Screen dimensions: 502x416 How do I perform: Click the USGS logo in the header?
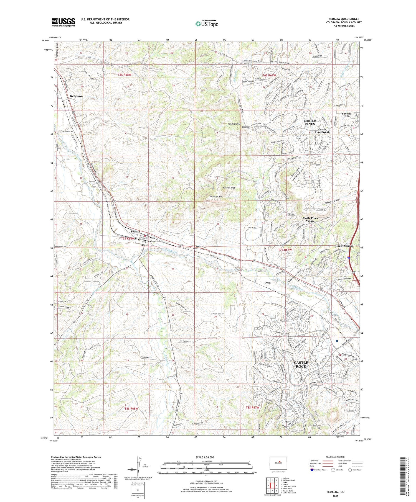[x=63, y=22]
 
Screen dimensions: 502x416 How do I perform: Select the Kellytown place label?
[x=76, y=96]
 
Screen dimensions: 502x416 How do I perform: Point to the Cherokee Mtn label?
[x=215, y=196]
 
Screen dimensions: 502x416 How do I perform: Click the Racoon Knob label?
[x=229, y=188]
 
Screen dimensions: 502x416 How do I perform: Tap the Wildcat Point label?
[x=234, y=124]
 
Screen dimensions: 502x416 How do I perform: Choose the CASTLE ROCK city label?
[x=301, y=364]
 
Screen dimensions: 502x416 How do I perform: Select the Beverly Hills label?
[x=346, y=115]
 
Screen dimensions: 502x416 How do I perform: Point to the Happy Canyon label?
[x=344, y=246]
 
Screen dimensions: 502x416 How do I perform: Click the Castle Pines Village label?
[x=310, y=220]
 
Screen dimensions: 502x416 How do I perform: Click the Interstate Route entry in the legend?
[x=319, y=470]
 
